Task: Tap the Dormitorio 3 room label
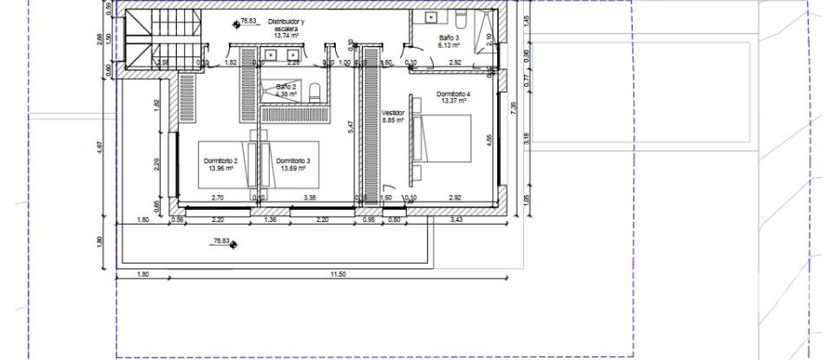click(x=293, y=165)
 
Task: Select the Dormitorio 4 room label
click(x=452, y=97)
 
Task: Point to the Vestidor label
click(x=393, y=116)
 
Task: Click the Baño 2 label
click(x=286, y=89)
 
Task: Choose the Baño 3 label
click(x=449, y=41)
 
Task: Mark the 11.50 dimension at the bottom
click(x=338, y=275)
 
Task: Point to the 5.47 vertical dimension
click(x=350, y=127)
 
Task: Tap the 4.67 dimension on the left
click(x=100, y=147)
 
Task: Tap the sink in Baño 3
click(x=430, y=16)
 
